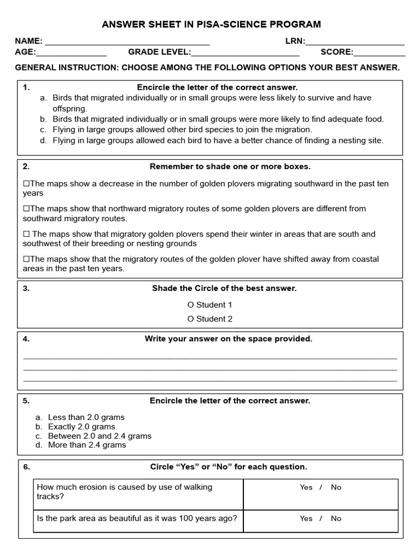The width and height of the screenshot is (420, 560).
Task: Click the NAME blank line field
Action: (x=127, y=42)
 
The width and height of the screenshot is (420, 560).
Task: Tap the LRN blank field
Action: (x=355, y=42)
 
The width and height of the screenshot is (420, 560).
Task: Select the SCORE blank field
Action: (x=380, y=53)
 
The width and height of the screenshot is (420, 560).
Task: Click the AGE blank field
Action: (x=71, y=53)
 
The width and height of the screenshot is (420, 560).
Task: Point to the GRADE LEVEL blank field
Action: (x=245, y=53)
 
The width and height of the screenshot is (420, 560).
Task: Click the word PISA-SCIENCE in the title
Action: (x=236, y=25)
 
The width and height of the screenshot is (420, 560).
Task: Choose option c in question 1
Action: (x=43, y=130)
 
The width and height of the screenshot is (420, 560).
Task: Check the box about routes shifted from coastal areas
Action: (x=26, y=259)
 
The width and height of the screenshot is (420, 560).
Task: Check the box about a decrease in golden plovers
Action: (x=26, y=184)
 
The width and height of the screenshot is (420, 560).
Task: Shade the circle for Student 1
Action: (x=190, y=305)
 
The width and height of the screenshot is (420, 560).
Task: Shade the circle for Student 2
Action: (x=190, y=319)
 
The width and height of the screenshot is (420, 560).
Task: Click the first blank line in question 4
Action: (x=210, y=358)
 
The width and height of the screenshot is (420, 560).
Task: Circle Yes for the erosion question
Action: (x=306, y=487)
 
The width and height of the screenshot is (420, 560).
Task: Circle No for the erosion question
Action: (x=336, y=487)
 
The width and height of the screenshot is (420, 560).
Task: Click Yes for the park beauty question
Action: (x=306, y=518)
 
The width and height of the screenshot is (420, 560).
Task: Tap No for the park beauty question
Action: (x=336, y=518)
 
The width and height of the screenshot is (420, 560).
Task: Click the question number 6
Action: (x=26, y=467)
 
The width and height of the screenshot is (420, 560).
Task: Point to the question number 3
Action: (x=26, y=289)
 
